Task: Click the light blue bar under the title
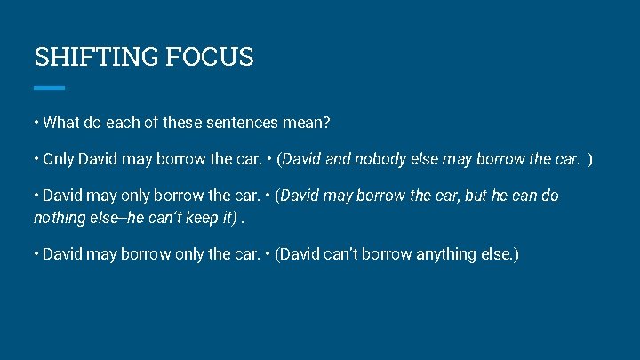[x=50, y=88]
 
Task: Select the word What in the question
[x=61, y=122]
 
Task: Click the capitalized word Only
[x=59, y=159]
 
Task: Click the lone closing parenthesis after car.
[x=590, y=159]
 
